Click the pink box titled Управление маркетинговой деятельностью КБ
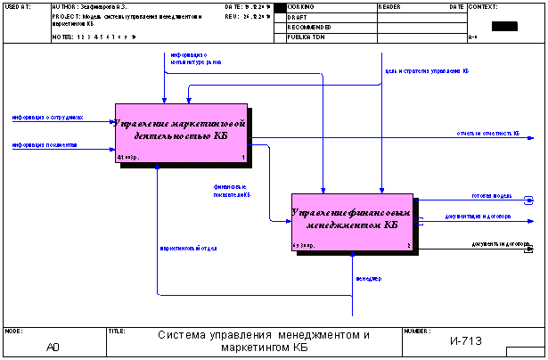coord(181,134)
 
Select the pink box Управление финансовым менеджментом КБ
coord(352,222)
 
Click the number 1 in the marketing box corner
coord(242,158)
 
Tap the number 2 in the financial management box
coord(409,245)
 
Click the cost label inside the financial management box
coord(303,245)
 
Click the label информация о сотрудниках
coord(47,117)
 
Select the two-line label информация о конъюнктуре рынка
coord(196,59)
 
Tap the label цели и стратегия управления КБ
coord(426,70)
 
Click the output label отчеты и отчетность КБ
coord(488,134)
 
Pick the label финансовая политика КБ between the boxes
coord(231,191)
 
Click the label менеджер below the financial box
coord(368,279)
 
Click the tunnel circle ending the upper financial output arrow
coord(529,200)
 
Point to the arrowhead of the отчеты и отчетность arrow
coord(531,139)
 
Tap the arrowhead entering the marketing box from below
coord(158,168)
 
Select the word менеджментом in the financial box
coord(343,225)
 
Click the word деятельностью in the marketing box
coord(173,136)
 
